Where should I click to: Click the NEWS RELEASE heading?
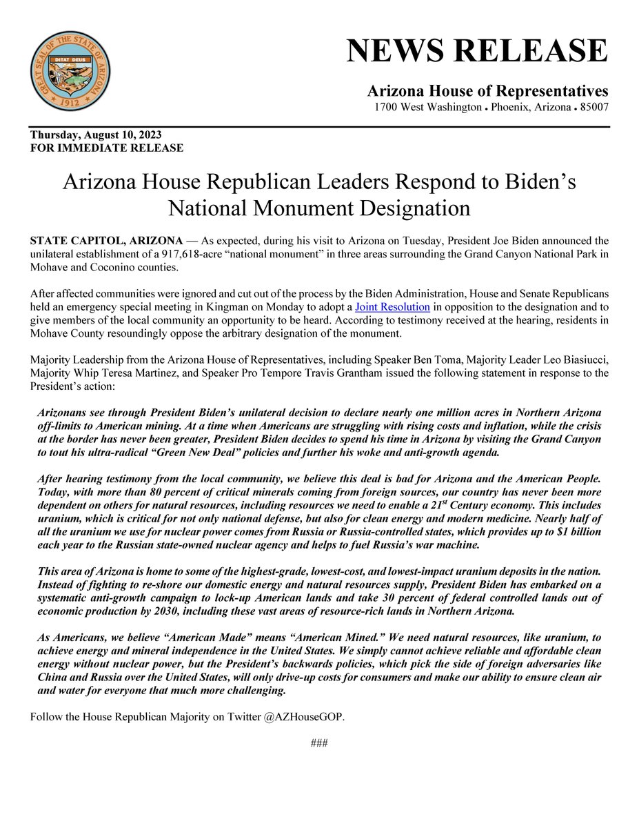(477, 51)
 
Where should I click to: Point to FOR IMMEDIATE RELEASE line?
(107, 148)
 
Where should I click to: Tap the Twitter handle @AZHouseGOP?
(307, 717)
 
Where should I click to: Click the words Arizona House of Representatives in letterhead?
(487, 91)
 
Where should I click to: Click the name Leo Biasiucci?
(576, 359)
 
